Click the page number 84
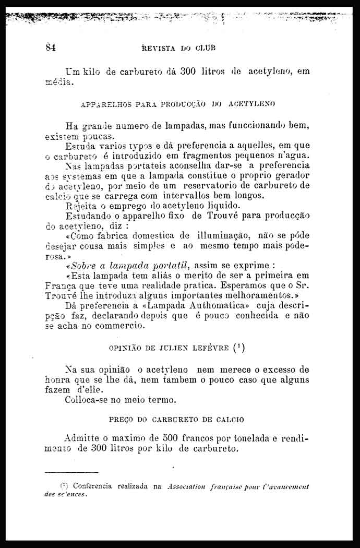51,47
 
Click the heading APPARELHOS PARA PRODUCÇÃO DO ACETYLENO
178,104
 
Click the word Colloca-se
90,400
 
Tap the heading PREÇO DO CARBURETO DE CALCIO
177,419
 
